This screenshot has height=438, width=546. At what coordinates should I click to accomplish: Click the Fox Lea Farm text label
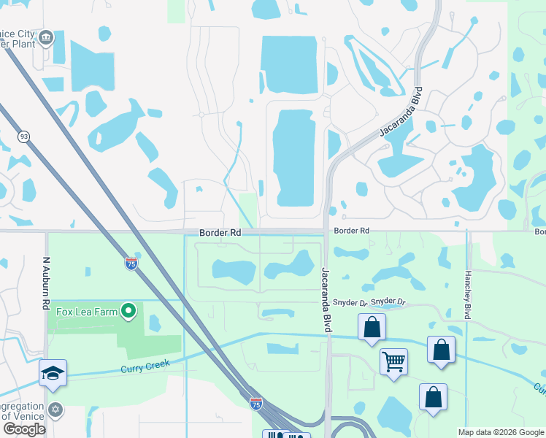tap(88, 312)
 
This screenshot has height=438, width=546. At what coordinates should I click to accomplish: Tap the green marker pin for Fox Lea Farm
tap(129, 311)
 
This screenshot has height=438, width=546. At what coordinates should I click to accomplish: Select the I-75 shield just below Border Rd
tap(131, 264)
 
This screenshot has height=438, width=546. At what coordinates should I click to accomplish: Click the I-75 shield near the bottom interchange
tap(255, 404)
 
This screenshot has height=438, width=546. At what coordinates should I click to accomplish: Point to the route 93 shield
tap(24, 137)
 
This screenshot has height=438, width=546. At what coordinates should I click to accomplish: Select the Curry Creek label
tap(145, 366)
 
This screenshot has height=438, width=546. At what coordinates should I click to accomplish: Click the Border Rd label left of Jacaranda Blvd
tap(220, 233)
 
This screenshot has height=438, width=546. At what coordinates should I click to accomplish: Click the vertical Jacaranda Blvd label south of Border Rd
tap(326, 300)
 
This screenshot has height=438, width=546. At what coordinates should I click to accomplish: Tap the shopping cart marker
tap(393, 361)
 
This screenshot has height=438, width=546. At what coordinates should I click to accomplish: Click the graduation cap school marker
tap(53, 372)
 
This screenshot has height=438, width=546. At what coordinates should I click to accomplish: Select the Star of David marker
tap(54, 409)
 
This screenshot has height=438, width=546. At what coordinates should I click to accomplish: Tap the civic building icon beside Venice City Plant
tap(47, 36)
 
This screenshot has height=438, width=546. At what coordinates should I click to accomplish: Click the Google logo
tap(24, 429)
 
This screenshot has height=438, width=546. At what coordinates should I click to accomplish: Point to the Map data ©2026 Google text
tap(500, 432)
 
